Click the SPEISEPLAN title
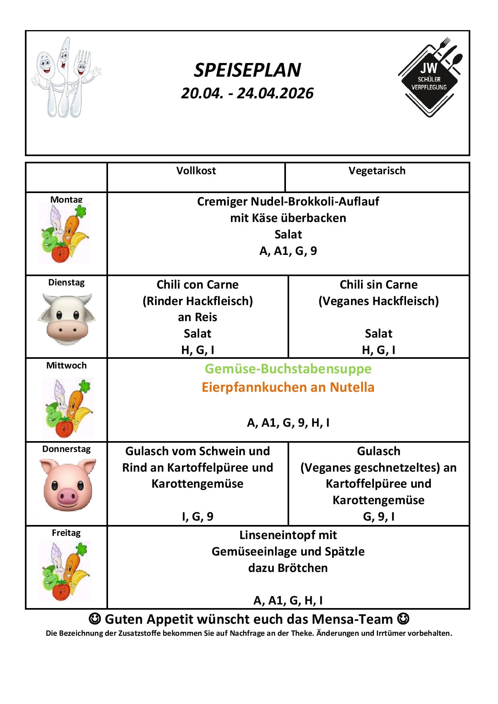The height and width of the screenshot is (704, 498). [x=247, y=70]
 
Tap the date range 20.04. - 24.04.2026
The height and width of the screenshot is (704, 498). [x=247, y=93]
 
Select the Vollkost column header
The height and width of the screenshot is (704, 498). [x=196, y=171]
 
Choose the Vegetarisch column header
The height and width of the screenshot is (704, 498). [x=377, y=171]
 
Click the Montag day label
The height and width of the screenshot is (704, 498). [x=66, y=199]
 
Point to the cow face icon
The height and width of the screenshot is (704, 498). [x=67, y=319]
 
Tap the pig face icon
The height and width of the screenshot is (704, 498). [x=67, y=484]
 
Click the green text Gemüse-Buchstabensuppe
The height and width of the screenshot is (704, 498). [x=288, y=368]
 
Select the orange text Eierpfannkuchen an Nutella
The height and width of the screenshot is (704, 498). [x=288, y=387]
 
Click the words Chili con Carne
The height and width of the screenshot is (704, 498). [x=198, y=285]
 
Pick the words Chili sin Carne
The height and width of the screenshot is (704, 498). [x=378, y=285]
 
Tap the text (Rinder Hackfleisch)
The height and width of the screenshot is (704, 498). [x=198, y=301]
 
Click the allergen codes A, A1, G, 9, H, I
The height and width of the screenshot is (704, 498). [x=288, y=423]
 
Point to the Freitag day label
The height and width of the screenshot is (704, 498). [x=66, y=533]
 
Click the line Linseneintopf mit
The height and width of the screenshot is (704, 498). [x=288, y=535]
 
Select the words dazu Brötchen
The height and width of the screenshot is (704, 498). [x=288, y=568]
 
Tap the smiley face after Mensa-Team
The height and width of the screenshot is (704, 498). [x=403, y=619]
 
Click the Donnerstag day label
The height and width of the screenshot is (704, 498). [x=66, y=449]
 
